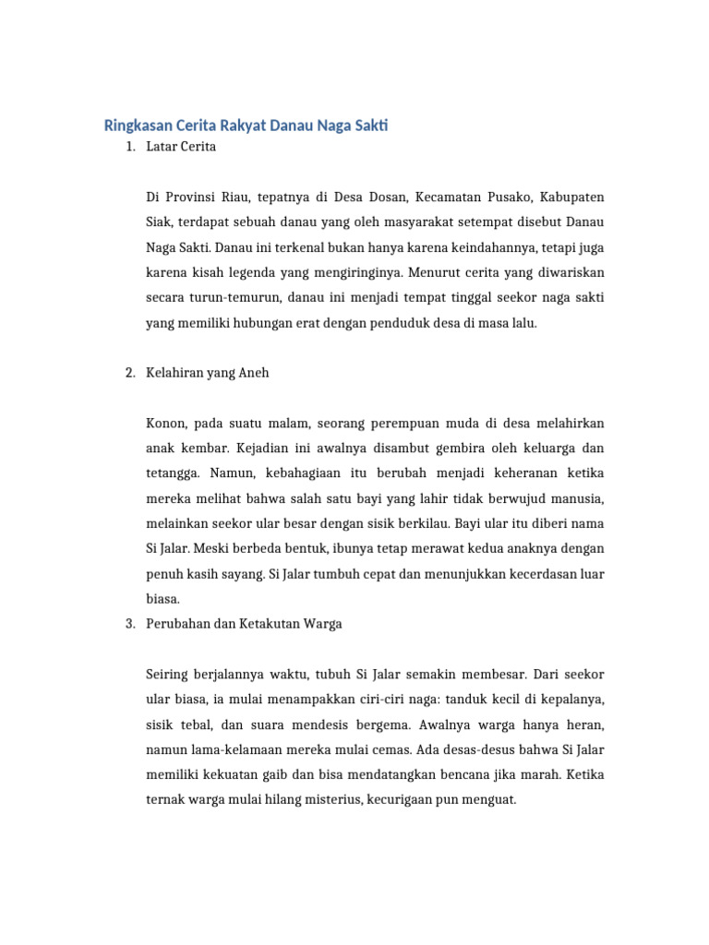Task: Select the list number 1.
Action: tap(129, 147)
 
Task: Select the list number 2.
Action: tap(129, 373)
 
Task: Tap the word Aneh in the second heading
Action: tap(254, 373)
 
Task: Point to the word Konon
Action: tap(166, 424)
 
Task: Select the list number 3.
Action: tap(129, 624)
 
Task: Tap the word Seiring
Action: tap(169, 675)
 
